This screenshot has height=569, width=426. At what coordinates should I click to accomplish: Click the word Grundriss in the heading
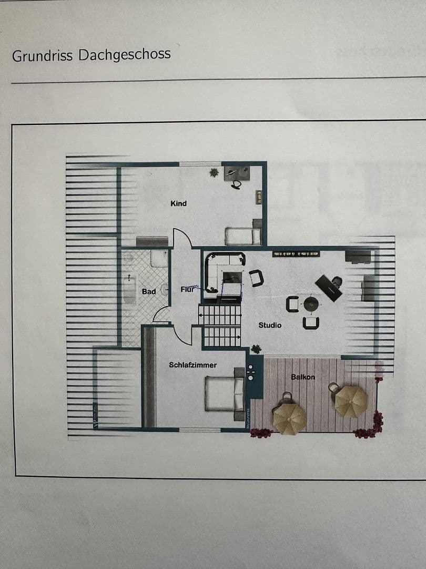point(43,55)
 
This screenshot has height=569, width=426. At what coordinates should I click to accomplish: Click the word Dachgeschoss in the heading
point(125,54)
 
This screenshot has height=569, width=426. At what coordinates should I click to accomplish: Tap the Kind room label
point(178,203)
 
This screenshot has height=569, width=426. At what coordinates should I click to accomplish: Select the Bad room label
point(148,291)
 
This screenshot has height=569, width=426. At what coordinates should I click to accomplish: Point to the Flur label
point(188,289)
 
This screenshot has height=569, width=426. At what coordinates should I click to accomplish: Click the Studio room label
point(270,325)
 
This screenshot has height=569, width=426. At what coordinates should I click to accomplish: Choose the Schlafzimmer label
point(192,365)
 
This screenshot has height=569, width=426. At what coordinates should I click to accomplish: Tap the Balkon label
point(303,377)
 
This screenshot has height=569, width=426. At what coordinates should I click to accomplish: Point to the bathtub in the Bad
point(129,290)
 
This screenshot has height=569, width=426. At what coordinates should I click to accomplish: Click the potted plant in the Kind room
point(214,172)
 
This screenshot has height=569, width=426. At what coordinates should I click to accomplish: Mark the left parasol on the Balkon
point(289,418)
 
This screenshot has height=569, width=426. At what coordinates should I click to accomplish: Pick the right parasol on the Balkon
point(351,401)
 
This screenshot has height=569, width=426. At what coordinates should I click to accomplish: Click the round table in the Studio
point(311,304)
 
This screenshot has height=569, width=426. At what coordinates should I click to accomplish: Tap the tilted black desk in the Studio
point(329,288)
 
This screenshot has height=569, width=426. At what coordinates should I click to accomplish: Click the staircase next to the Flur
point(221,325)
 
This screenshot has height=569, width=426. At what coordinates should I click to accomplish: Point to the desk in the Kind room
point(237,173)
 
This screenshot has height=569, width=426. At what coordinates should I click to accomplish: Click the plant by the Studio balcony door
point(256,349)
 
